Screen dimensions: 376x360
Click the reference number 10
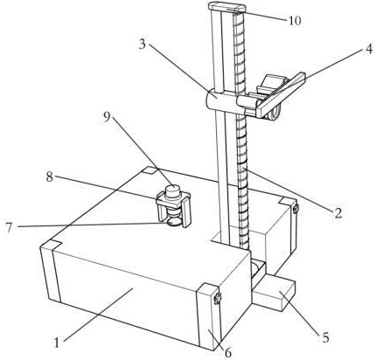295,20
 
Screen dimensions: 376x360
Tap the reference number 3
142,45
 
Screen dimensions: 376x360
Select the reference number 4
368,49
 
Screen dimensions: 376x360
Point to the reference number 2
338,213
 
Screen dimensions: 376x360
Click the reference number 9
107,117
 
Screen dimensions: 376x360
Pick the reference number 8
50,177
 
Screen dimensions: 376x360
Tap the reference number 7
9,227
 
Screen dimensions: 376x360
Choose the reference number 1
57,343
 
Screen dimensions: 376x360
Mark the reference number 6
228,352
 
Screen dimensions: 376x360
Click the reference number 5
325,337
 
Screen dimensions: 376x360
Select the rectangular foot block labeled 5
274,294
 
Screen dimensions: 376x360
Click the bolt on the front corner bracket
217,299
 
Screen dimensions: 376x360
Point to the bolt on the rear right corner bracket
296,209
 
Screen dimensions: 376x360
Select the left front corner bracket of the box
50,273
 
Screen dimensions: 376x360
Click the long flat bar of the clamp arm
282,94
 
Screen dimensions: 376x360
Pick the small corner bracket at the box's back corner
151,170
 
